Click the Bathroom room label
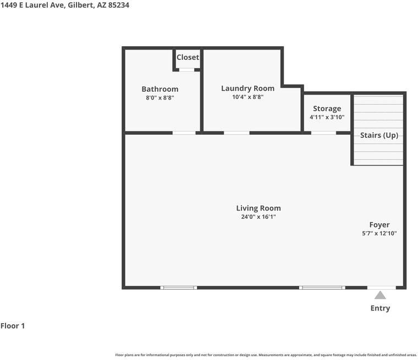(160, 89)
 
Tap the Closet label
(188, 57)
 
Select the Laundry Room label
(248, 88)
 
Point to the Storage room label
(327, 108)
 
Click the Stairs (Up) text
(379, 135)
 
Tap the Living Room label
(258, 208)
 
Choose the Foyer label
(380, 224)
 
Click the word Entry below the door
(380, 308)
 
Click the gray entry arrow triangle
(380, 295)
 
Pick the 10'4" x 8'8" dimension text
(248, 97)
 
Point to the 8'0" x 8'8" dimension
(160, 98)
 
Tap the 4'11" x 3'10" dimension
(327, 117)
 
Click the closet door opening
(187, 70)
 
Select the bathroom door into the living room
(184, 132)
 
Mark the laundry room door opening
(237, 132)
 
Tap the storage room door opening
(323, 132)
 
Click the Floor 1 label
(13, 326)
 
